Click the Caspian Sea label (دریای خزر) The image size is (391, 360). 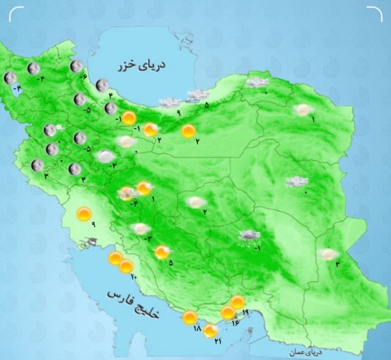pos(141,66)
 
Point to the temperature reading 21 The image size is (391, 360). pos(218,341)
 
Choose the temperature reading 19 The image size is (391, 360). pos(245,312)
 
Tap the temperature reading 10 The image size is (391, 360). pos(134,278)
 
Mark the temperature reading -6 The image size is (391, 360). pos(85,77)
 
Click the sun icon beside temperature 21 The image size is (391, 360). pos(210,331)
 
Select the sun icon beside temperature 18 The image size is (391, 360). pos(189,318)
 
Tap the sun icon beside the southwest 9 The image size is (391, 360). pos(84,214)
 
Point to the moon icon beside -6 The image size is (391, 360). pos(76,66)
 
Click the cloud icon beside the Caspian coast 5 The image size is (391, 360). pos(198,95)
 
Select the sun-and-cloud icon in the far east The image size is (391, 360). pos(328,254)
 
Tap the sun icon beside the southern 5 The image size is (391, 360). pos(162,252)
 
